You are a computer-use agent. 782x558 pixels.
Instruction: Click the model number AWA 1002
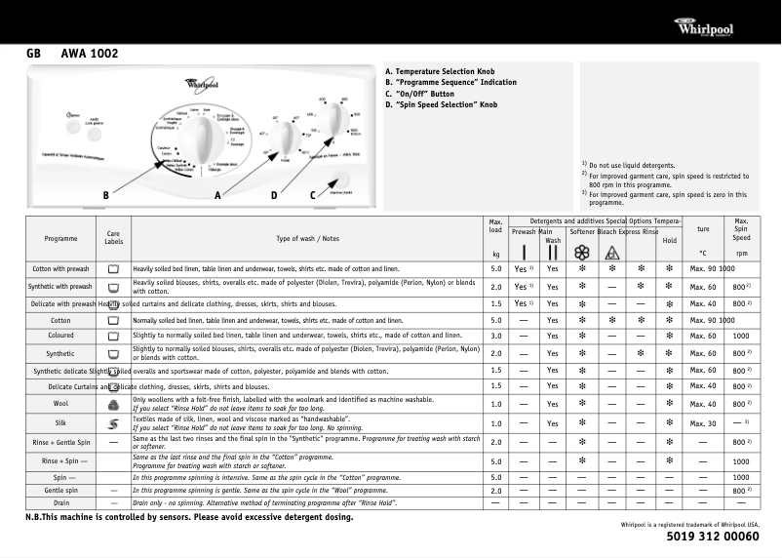pyautogui.click(x=89, y=54)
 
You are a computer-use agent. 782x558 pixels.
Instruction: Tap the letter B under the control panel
pyautogui.click(x=105, y=195)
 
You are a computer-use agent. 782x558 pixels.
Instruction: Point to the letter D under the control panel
pyautogui.click(x=274, y=195)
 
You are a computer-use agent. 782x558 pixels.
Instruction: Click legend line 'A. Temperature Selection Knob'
pyautogui.click(x=440, y=72)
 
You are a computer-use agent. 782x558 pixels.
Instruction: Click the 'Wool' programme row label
pyautogui.click(x=60, y=402)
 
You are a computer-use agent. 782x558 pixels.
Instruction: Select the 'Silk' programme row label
pyautogui.click(x=60, y=423)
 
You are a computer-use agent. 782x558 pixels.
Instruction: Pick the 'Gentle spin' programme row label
pyautogui.click(x=60, y=490)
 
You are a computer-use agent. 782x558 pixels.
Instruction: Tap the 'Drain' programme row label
pyautogui.click(x=60, y=502)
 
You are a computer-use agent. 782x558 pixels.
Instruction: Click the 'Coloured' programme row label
pyautogui.click(x=60, y=335)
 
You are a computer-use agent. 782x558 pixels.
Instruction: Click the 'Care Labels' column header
pyautogui.click(x=113, y=238)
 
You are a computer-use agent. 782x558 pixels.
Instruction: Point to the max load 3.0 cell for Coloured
pyautogui.click(x=495, y=335)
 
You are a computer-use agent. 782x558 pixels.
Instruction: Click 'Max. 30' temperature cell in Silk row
pyautogui.click(x=703, y=423)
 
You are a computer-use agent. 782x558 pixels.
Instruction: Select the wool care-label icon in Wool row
pyautogui.click(x=113, y=402)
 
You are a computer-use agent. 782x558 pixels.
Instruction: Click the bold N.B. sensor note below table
pyautogui.click(x=189, y=517)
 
